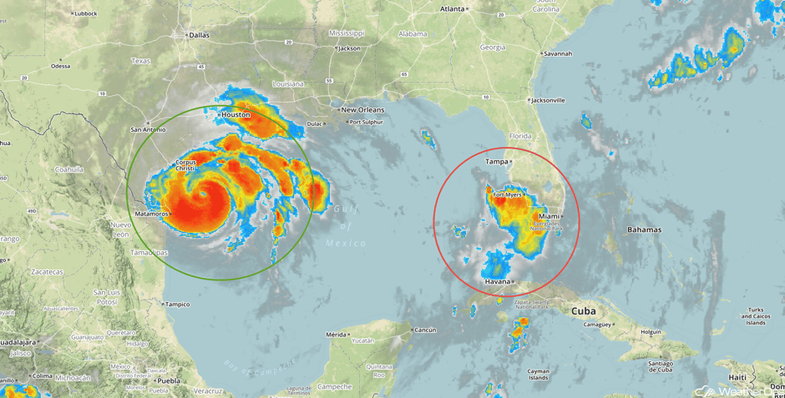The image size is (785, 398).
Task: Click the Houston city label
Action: [235, 113]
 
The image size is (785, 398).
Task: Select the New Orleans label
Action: [362, 110]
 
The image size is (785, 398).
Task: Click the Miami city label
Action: [549, 216]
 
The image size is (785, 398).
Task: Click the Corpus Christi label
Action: [185, 165]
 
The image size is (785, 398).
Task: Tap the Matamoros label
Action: [152, 214]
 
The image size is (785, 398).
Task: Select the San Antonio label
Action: [149, 129]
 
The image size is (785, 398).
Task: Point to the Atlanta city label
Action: [452, 9]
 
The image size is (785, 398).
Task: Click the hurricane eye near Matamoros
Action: [200, 198]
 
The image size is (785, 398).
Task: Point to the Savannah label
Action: [555, 53]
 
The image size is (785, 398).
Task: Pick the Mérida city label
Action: [337, 335]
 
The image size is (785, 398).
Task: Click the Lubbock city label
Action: [85, 13]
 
